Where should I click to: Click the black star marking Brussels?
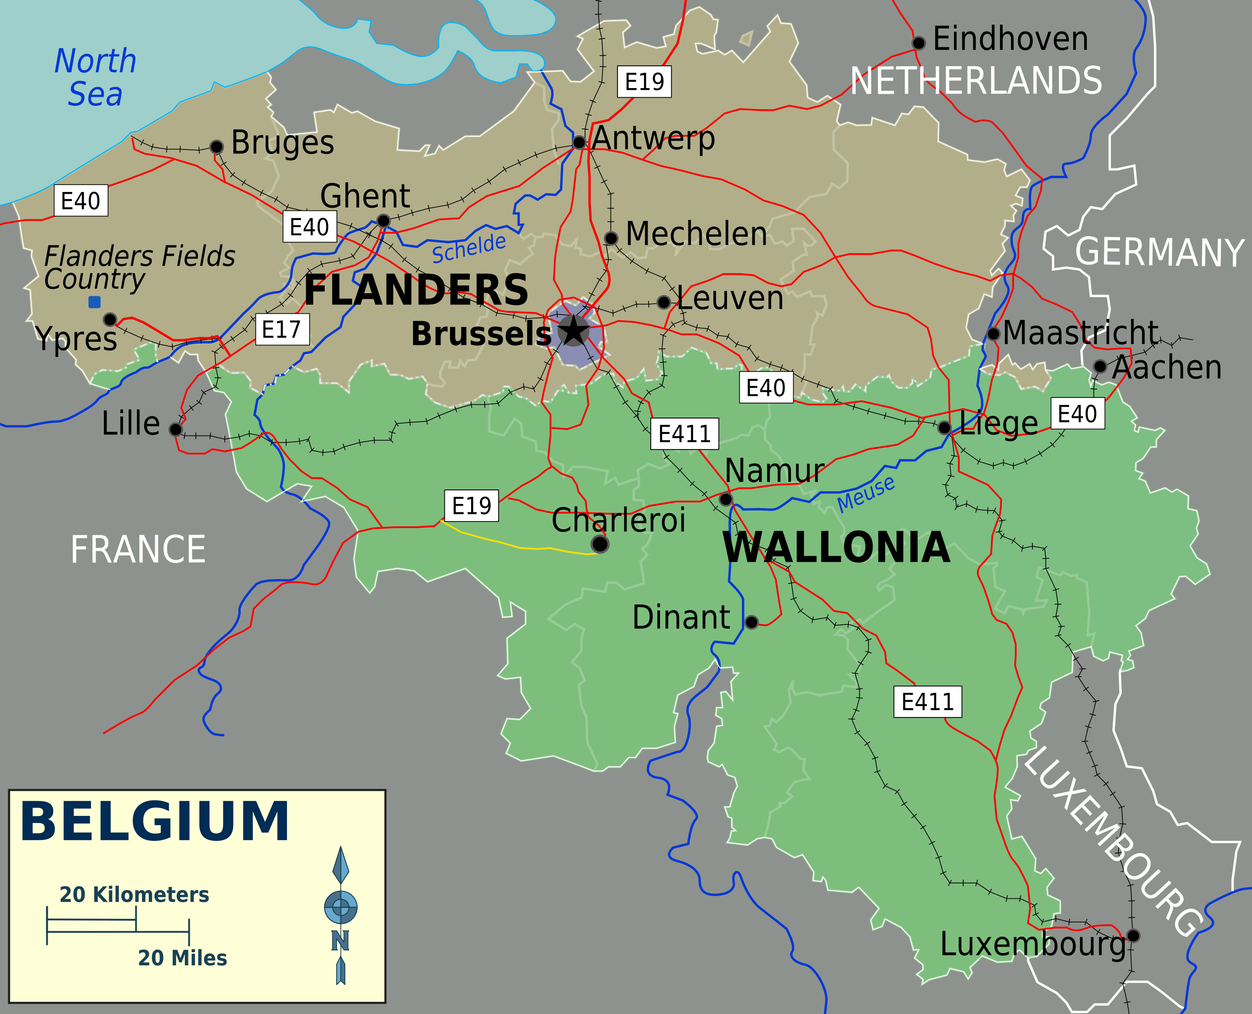tap(574, 330)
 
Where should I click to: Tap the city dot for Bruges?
tap(216, 147)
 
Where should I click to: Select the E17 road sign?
tap(282, 330)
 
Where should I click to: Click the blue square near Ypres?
tap(94, 302)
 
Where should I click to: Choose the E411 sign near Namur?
tap(684, 434)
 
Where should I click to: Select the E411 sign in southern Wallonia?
tap(927, 702)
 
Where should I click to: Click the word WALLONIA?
tap(836, 548)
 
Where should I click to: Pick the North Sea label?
tap(95, 77)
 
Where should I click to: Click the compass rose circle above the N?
tap(340, 907)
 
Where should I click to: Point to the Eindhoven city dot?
tap(919, 43)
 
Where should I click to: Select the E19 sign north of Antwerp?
tap(644, 81)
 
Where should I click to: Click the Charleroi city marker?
tap(600, 544)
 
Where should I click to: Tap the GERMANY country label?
tap(1160, 252)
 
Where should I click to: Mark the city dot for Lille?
tap(175, 430)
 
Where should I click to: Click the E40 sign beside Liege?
tap(1077, 414)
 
